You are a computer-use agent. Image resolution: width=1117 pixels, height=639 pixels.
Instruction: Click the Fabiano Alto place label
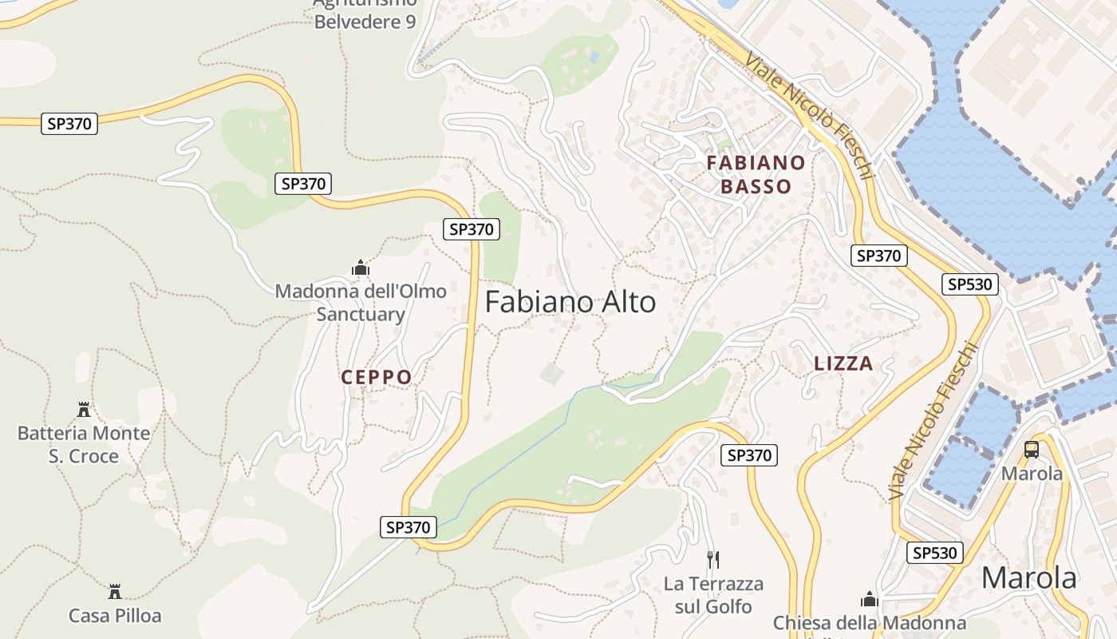click(x=570, y=302)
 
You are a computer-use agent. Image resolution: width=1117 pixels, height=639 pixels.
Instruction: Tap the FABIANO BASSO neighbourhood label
click(x=756, y=175)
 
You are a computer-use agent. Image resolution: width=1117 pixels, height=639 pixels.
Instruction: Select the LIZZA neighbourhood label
click(x=843, y=363)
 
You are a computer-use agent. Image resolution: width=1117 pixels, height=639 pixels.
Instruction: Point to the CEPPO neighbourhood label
click(x=377, y=377)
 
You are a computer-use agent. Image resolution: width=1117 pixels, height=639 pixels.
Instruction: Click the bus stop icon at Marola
click(x=1032, y=449)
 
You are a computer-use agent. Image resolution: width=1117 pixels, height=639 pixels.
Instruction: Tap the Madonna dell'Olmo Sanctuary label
click(x=361, y=302)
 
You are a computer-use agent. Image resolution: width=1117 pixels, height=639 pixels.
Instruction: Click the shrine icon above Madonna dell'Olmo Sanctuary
click(x=361, y=268)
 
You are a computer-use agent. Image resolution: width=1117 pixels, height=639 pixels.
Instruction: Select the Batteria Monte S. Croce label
click(x=84, y=444)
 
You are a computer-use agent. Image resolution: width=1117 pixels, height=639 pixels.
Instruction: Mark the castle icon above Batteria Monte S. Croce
click(x=84, y=410)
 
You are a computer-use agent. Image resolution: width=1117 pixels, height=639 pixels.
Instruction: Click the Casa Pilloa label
click(x=115, y=616)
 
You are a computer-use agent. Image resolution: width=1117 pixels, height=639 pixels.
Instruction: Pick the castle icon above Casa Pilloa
click(x=115, y=592)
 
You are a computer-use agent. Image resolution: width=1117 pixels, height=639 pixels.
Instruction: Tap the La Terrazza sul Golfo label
click(x=713, y=595)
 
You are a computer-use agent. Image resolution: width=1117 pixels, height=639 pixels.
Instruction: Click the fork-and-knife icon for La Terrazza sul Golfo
click(x=713, y=559)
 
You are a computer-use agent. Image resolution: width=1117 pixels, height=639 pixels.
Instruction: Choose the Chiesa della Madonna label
click(x=870, y=623)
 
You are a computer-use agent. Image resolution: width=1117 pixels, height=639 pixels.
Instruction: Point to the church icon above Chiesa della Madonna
click(x=870, y=599)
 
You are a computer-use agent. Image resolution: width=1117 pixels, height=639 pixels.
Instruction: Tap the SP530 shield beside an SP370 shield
click(x=970, y=284)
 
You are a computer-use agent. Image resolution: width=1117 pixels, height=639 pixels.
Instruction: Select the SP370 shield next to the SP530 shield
click(x=879, y=256)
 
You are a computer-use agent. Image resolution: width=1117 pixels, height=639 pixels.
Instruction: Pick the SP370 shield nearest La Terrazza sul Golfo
click(x=748, y=455)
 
